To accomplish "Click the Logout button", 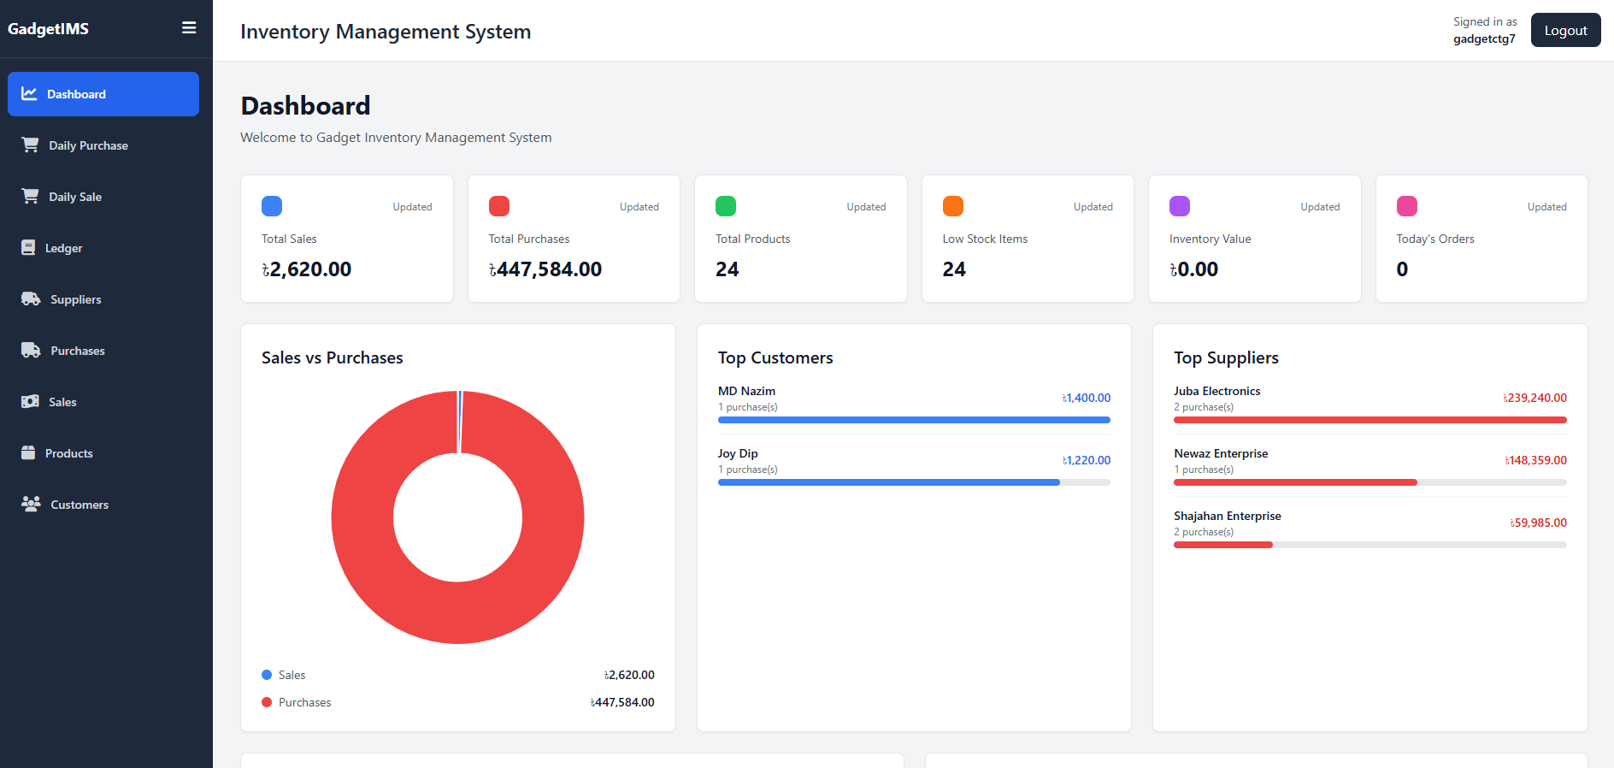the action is [1565, 30].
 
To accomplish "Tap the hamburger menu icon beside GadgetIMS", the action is [189, 28].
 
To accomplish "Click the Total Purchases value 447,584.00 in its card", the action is [545, 269].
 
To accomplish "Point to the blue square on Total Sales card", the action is [272, 206].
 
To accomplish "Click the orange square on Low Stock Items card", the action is [953, 206].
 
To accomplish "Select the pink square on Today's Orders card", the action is [1407, 206].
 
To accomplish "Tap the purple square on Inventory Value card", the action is [1180, 206].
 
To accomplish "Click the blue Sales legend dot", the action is [267, 675].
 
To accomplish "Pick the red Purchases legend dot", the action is [267, 702].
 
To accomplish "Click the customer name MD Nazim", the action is [746, 391].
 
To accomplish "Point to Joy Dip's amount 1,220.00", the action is [1087, 460].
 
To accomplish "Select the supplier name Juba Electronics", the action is [1217, 391].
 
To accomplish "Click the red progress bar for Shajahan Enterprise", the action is [1223, 545].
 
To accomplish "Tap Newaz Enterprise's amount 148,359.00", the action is [1536, 460].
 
